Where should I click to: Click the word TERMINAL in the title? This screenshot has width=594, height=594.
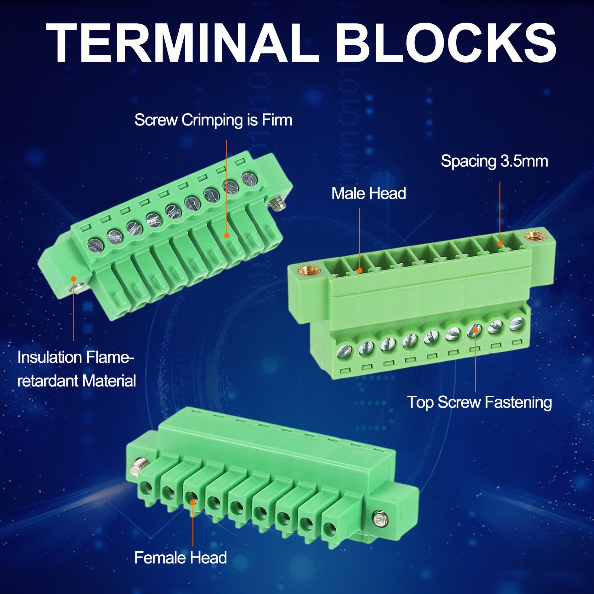point(183,43)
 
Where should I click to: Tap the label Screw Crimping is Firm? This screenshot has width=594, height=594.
point(213,120)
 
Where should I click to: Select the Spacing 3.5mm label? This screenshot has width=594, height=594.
point(494,161)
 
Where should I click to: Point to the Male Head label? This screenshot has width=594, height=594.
point(369,193)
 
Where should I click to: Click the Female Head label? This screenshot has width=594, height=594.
point(180,558)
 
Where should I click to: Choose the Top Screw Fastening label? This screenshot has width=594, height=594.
point(479,402)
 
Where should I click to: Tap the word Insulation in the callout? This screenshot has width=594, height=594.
point(50,357)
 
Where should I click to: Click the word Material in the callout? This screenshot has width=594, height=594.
point(109,381)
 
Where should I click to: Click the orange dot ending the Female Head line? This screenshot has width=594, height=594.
point(193,502)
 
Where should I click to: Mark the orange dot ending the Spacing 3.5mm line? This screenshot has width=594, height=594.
point(500,244)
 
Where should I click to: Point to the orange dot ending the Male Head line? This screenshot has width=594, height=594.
point(359,270)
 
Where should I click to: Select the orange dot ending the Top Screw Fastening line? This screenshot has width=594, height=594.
point(476,330)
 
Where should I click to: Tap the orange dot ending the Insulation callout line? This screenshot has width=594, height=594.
point(74,278)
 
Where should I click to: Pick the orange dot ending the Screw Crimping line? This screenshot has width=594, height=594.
point(226,235)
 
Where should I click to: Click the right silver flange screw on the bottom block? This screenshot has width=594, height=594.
point(380,519)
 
